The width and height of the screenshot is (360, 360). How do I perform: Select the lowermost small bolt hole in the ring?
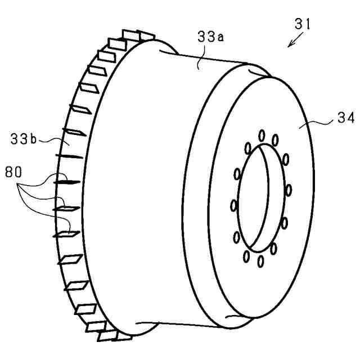(x=262, y=261)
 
